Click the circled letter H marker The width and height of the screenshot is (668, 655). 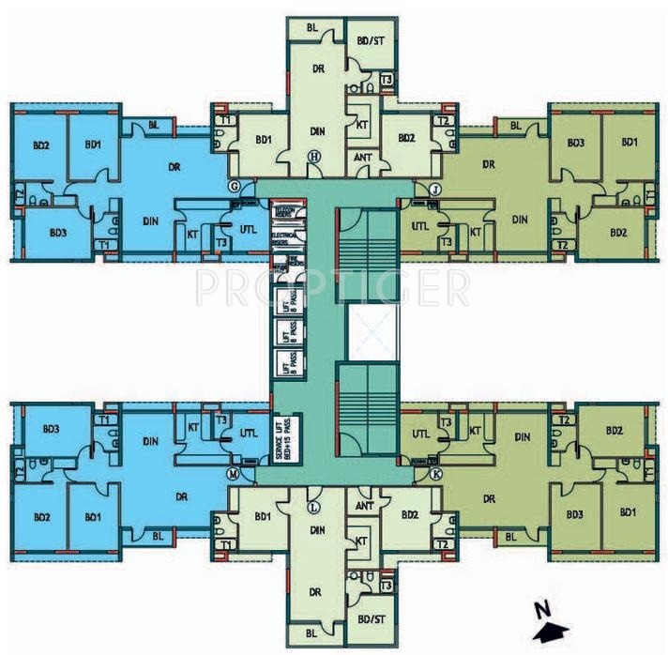[x=315, y=156]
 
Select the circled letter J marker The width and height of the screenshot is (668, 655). [x=435, y=190]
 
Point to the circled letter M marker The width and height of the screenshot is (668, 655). [x=232, y=475]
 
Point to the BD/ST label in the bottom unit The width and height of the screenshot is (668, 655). [x=368, y=620]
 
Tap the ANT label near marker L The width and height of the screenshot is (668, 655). [x=365, y=505]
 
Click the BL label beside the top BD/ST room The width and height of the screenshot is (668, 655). [x=311, y=28]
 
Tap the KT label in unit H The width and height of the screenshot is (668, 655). [x=361, y=124]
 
